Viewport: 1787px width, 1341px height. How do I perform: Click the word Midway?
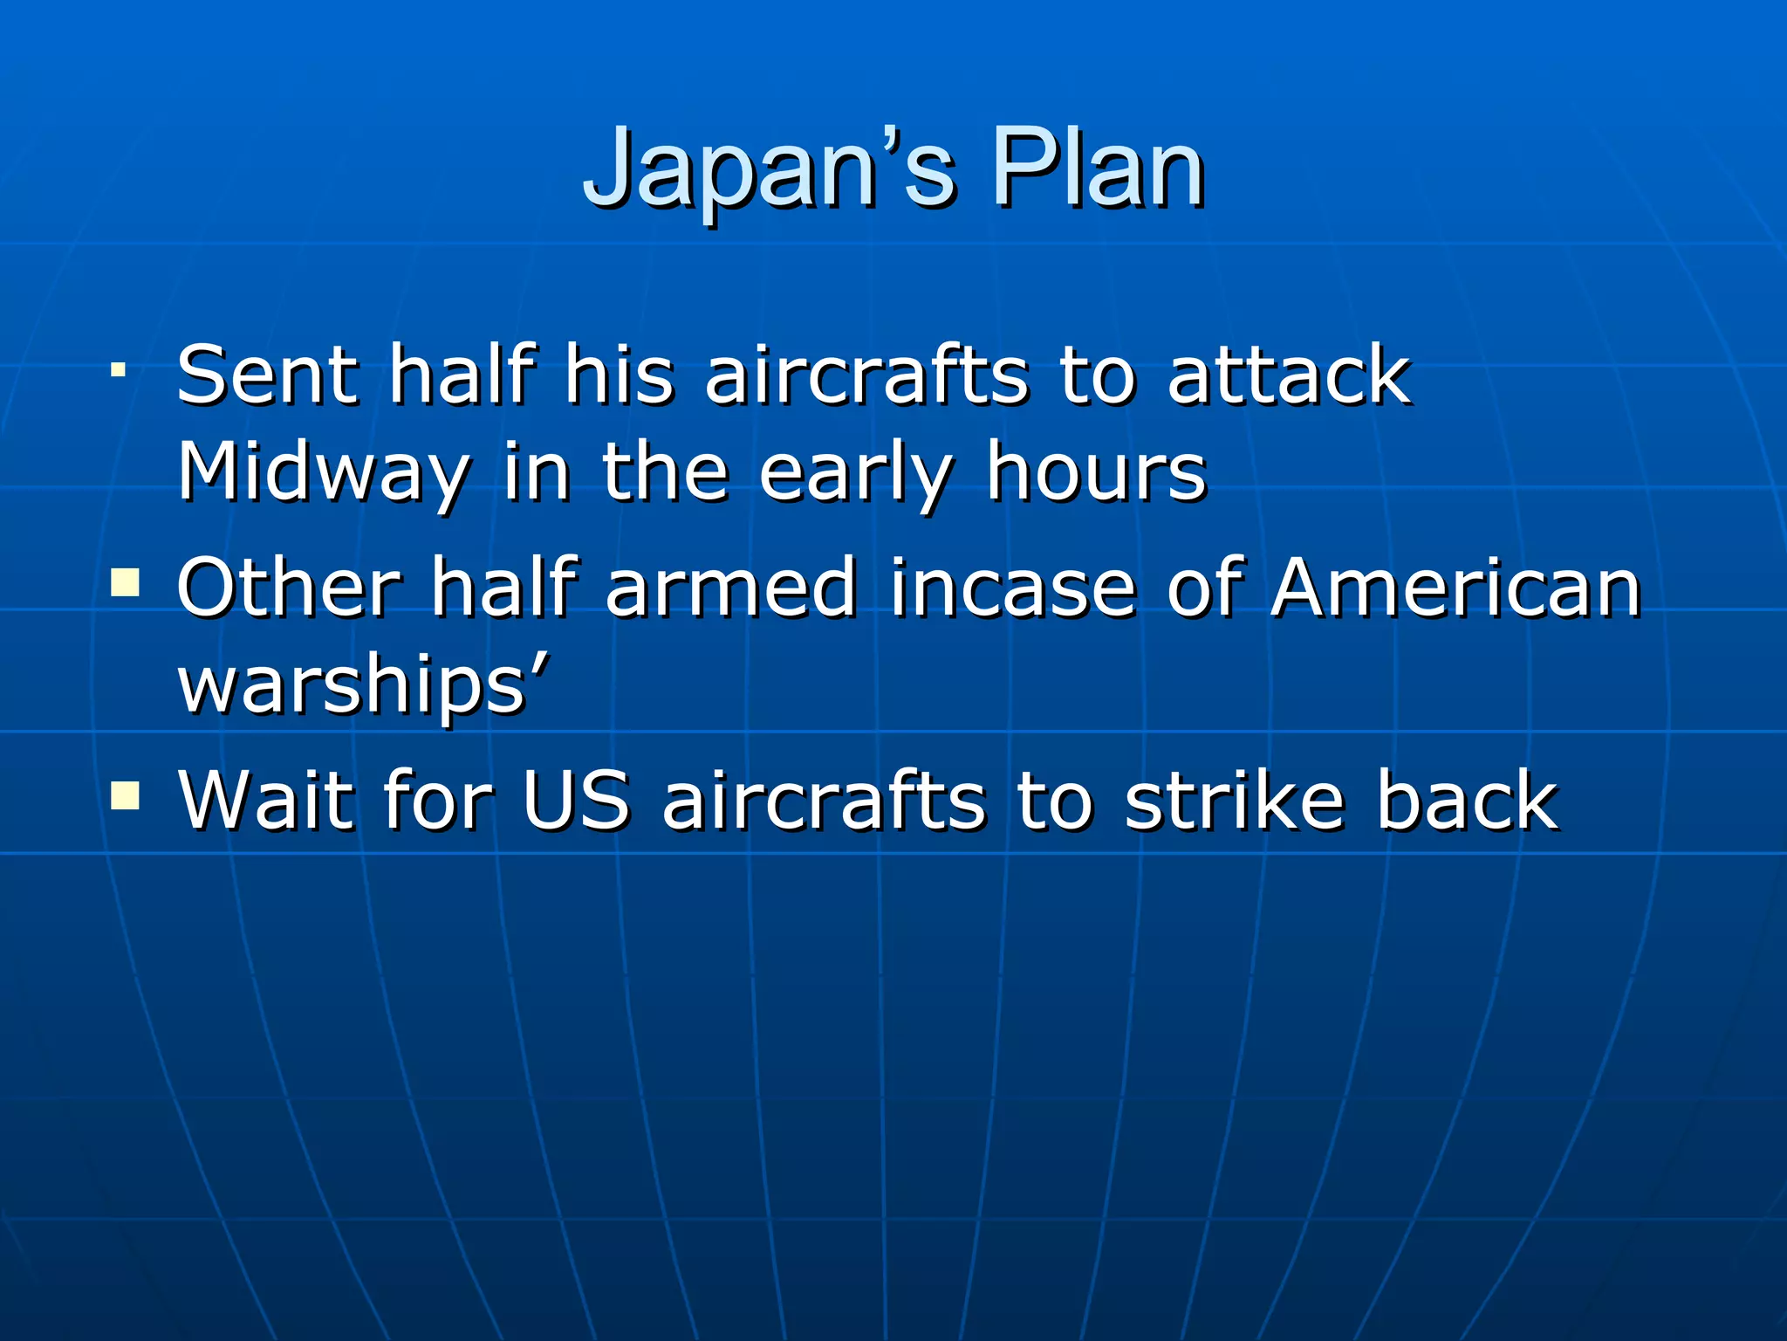pos(323,473)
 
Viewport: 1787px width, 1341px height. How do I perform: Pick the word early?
pos(855,473)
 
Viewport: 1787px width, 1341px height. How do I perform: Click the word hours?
pos(1097,473)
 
